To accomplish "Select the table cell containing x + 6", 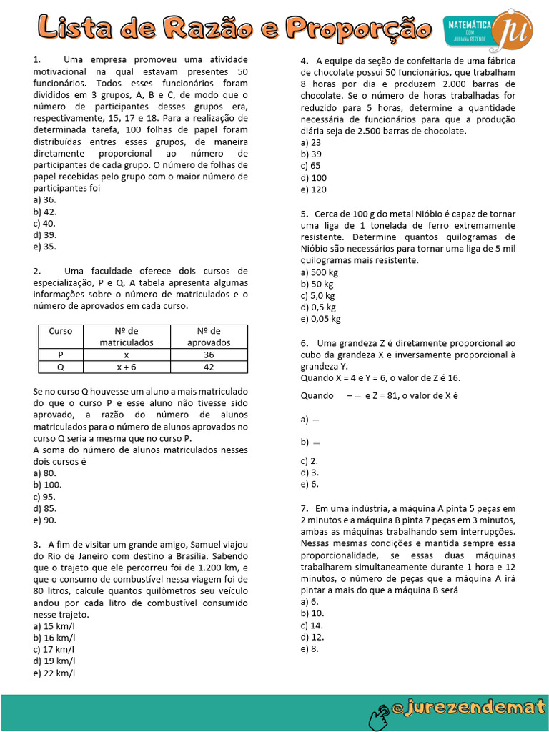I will [127, 366].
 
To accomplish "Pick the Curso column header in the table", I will [61, 331].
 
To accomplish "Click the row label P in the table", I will [61, 355].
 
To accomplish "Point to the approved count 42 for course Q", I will [209, 366].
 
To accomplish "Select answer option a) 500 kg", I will [320, 272].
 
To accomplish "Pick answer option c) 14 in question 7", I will [312, 625].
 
